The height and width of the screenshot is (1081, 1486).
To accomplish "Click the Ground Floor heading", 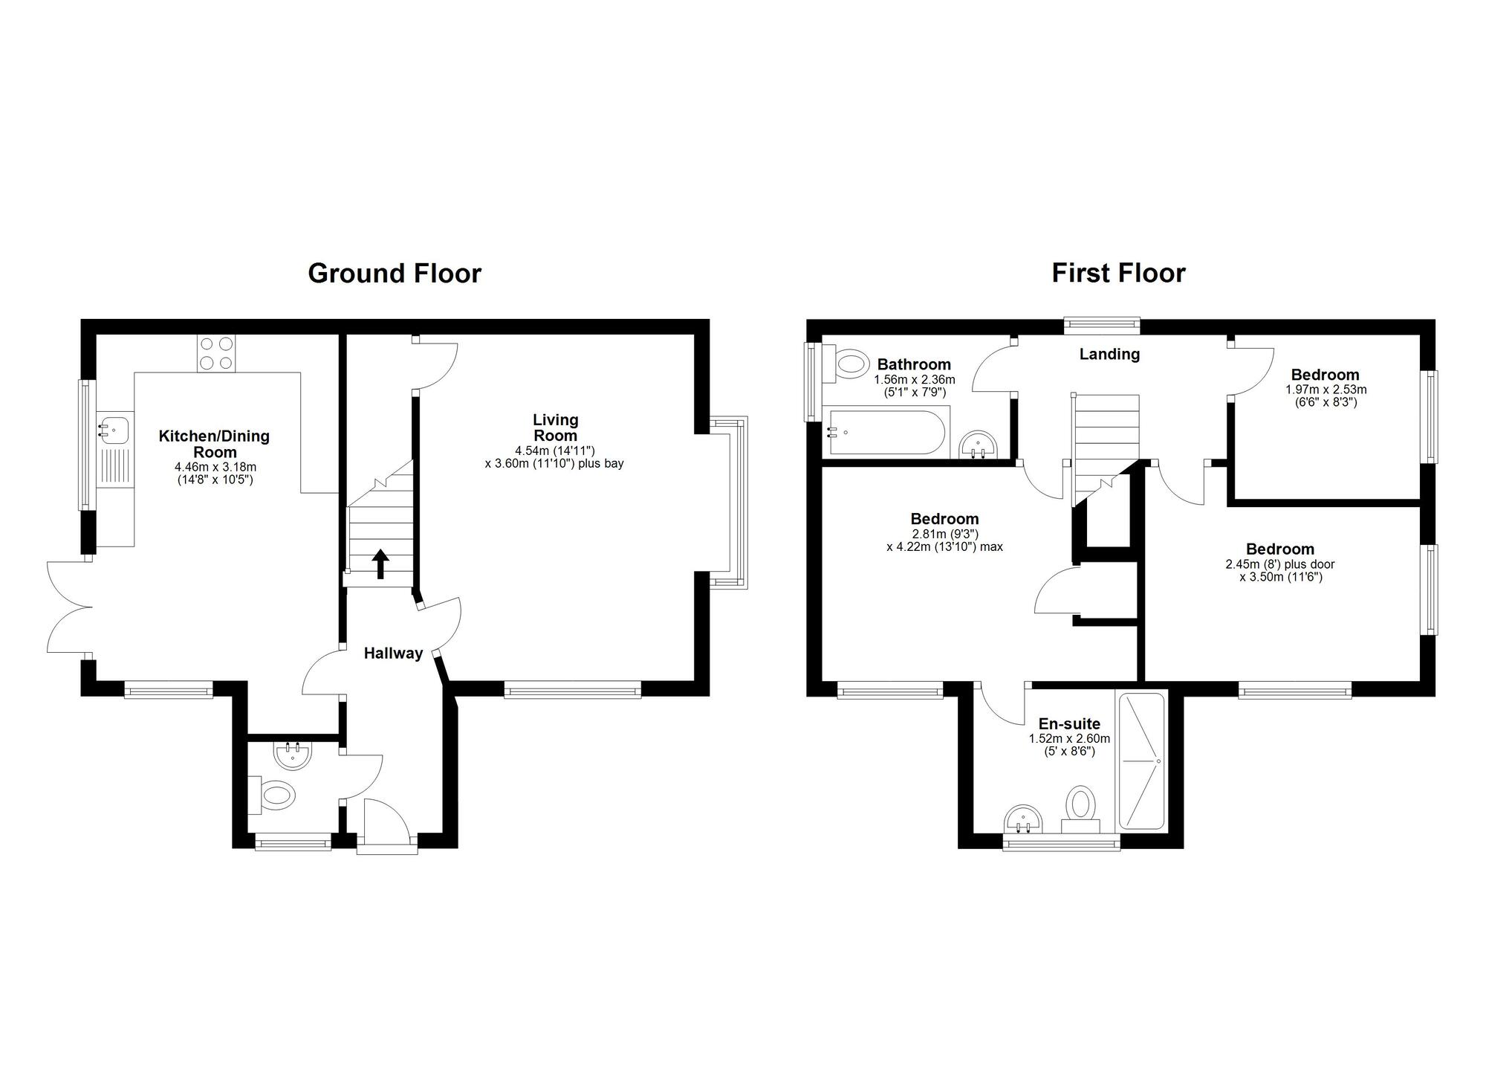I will point(395,274).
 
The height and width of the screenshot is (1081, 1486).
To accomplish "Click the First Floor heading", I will point(1118,274).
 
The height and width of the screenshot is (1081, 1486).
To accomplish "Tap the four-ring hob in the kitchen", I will point(216,354).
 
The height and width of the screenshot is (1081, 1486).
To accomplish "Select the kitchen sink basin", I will point(114,430).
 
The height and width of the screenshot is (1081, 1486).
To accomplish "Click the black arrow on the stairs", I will point(380,564).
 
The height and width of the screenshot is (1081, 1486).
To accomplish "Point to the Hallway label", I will point(393,654).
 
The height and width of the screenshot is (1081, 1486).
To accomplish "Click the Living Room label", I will point(555,427).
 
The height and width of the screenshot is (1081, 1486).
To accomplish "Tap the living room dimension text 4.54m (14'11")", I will point(555,451).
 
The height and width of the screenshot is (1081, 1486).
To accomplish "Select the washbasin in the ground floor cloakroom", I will point(293,755).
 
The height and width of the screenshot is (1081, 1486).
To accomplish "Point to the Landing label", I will point(1109,354).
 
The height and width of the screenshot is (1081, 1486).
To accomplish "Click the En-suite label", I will point(1069,723).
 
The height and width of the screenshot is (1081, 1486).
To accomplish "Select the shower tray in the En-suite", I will point(1141,761).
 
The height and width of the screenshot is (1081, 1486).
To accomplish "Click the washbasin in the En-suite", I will point(1025,822).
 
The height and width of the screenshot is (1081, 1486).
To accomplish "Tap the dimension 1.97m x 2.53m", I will point(1326,389).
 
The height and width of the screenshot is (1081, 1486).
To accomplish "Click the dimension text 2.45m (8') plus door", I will point(1279,564).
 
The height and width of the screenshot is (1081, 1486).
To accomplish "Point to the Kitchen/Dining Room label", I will point(214,444).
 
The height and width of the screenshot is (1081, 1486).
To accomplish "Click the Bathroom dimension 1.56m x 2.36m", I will point(914,379).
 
